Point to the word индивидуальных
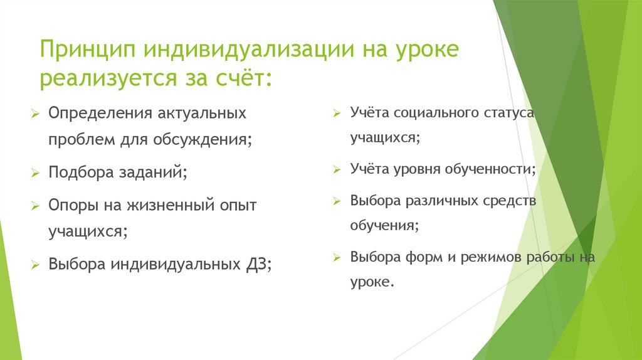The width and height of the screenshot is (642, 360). (173, 264)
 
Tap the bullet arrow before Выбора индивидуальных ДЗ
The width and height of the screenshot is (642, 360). (36, 265)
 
